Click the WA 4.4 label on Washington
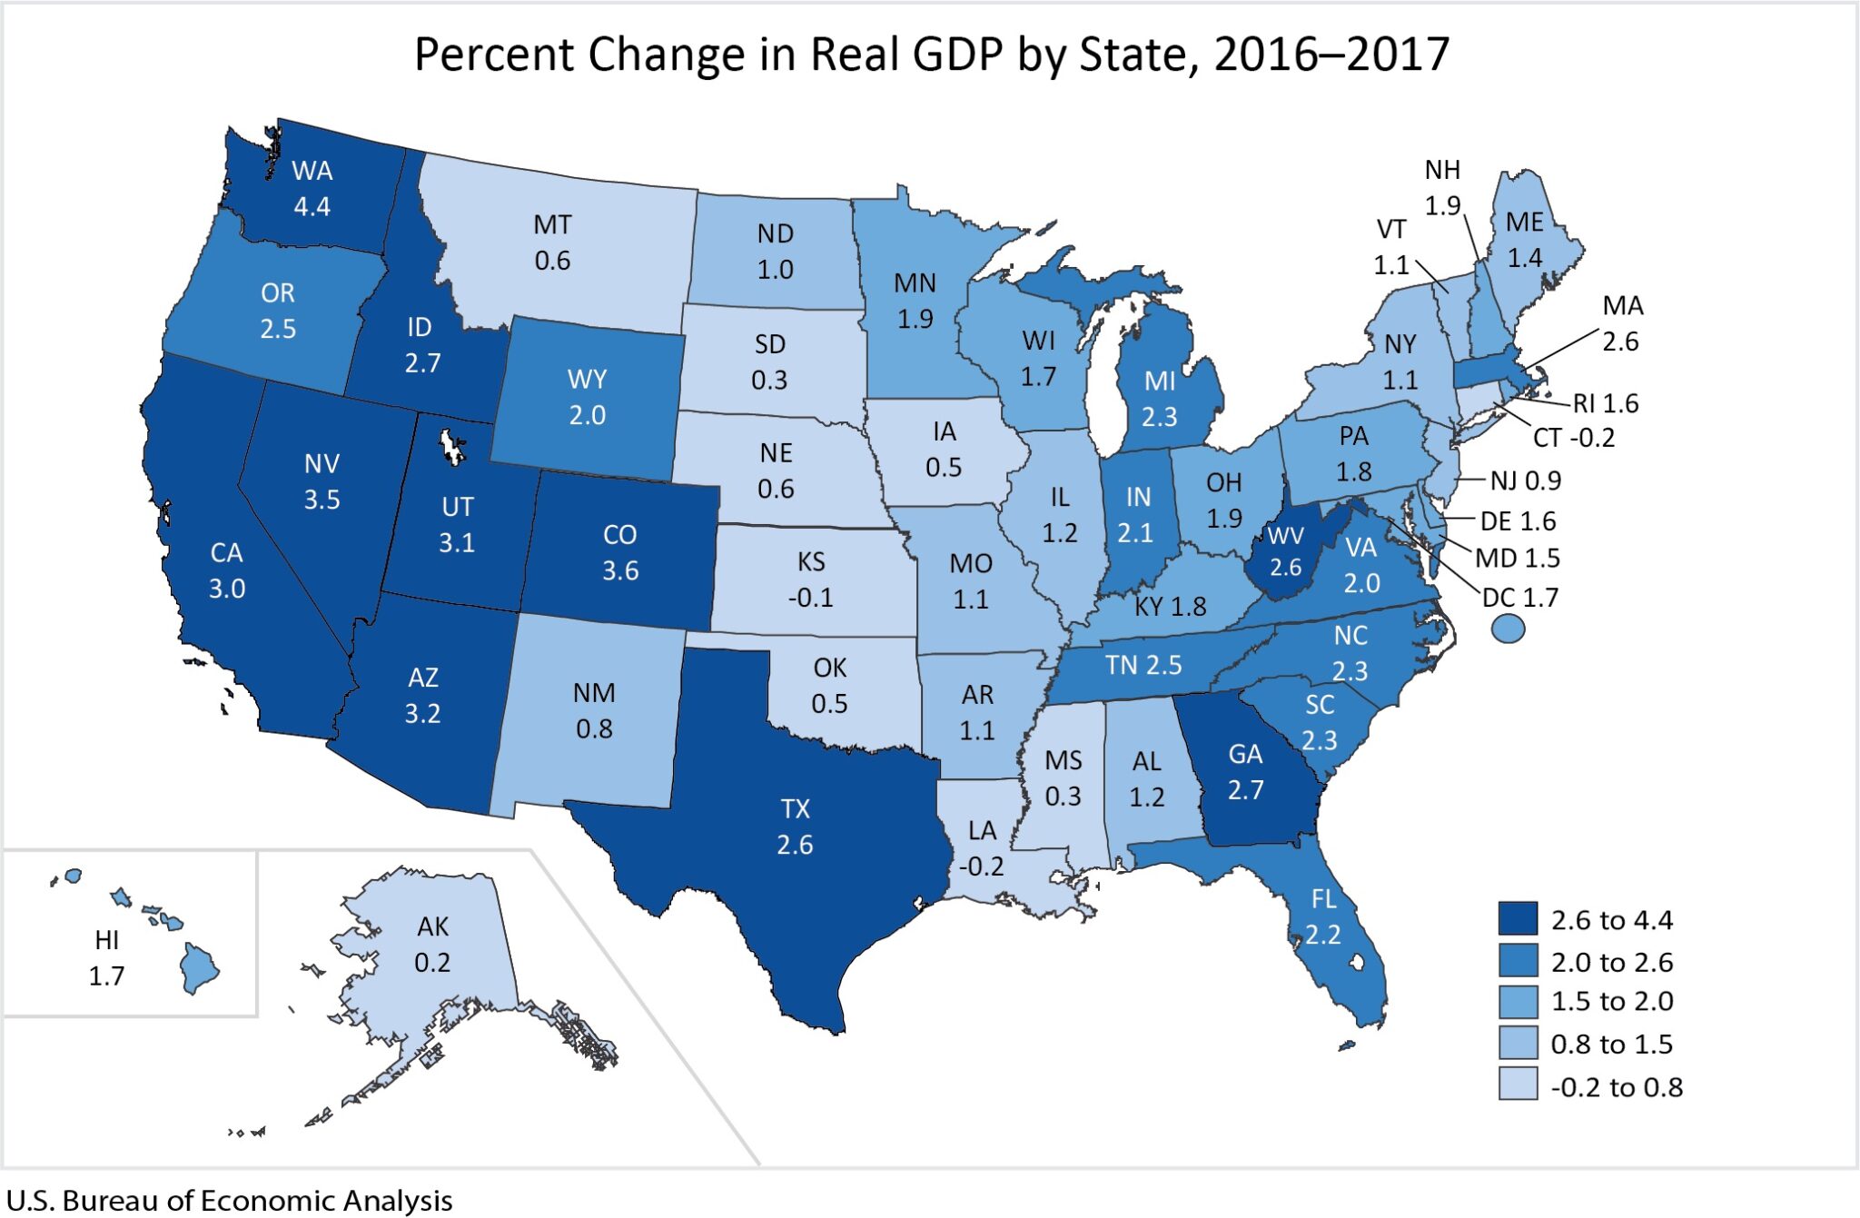(x=312, y=188)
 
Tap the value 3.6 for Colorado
(x=620, y=570)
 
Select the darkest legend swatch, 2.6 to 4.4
(x=1517, y=918)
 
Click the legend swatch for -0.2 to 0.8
(x=1517, y=1084)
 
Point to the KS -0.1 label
(x=810, y=579)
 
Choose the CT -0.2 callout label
(x=1574, y=438)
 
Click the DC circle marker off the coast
(x=1508, y=628)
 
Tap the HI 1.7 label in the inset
(x=106, y=957)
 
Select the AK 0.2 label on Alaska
(x=432, y=944)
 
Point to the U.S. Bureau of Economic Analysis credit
(x=229, y=1200)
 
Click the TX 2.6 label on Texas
(x=795, y=827)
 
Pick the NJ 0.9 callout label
(x=1525, y=480)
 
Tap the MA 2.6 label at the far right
(x=1622, y=323)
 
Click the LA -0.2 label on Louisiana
(x=982, y=847)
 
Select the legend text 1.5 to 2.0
(x=1612, y=1001)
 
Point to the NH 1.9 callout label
(x=1442, y=187)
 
